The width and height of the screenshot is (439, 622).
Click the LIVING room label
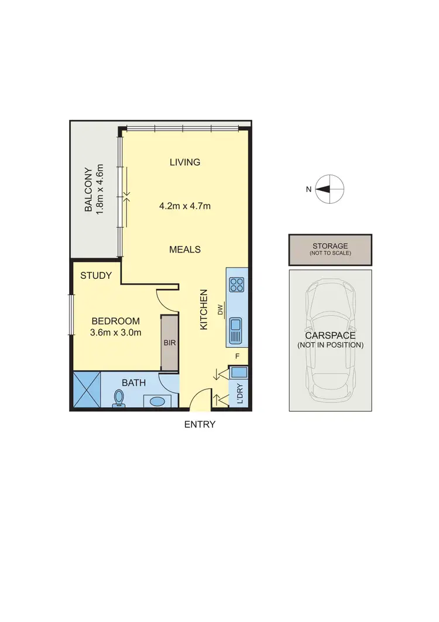pos(184,162)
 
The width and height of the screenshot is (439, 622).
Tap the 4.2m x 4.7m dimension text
pos(184,206)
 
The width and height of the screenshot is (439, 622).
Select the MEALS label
pos(184,250)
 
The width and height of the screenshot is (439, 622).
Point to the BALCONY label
pos(93,190)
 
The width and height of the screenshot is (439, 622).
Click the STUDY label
pos(96,275)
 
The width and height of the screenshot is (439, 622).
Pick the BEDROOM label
pos(115,321)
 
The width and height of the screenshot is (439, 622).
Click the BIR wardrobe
pos(169,343)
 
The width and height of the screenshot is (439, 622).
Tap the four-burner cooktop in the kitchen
pos(236,285)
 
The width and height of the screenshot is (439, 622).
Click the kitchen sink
pos(236,331)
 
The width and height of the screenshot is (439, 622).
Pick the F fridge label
pos(237,356)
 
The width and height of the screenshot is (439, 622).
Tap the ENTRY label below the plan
pos(200,425)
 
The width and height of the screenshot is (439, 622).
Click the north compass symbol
pos(330,189)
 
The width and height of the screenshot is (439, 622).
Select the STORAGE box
pos(330,249)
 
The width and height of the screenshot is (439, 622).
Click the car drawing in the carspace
pos(330,340)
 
